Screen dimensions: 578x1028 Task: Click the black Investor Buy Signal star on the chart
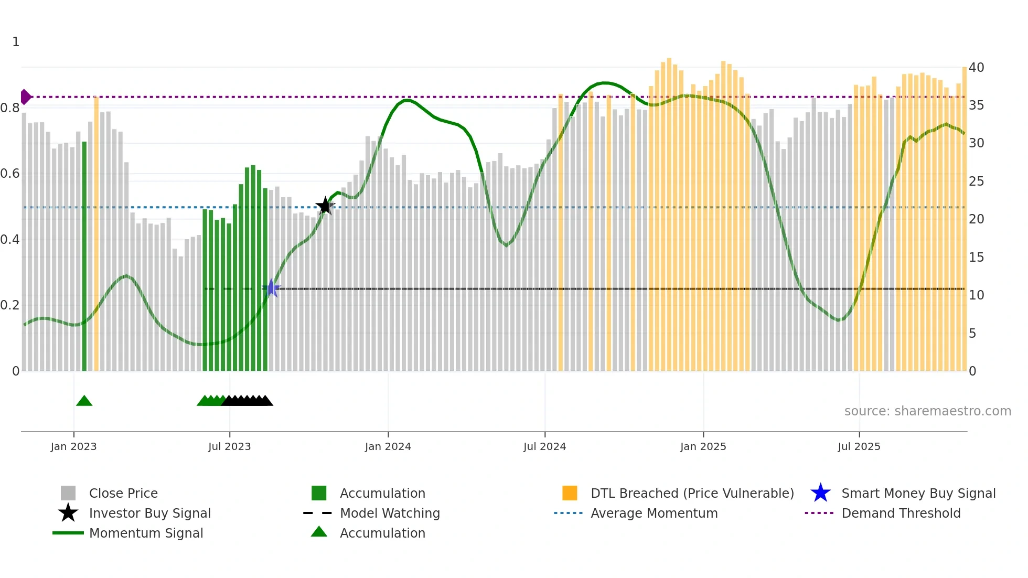(x=325, y=206)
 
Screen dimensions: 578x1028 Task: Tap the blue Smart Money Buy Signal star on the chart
(x=271, y=288)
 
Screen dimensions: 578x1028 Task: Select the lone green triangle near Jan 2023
(x=84, y=401)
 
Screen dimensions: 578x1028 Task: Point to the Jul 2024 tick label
(x=544, y=446)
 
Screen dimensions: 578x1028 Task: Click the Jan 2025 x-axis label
(x=703, y=446)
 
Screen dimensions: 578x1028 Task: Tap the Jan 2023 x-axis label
(x=73, y=446)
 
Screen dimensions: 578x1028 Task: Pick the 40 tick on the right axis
(x=976, y=67)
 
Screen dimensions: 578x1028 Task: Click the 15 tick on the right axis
(x=976, y=257)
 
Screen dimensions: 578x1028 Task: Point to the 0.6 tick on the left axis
(x=10, y=174)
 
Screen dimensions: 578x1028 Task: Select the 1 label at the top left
(x=16, y=42)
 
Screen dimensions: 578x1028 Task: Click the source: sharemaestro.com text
(x=927, y=411)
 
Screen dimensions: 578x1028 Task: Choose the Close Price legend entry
(x=123, y=493)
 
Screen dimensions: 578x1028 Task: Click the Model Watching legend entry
(x=389, y=513)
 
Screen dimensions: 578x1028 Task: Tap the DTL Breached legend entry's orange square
(x=570, y=493)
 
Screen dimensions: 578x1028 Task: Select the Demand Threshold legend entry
(x=901, y=513)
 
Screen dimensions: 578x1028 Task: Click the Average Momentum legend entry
(x=654, y=513)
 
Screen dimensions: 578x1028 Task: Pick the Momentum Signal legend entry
(x=146, y=533)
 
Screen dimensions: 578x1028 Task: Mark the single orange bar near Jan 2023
(x=97, y=233)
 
